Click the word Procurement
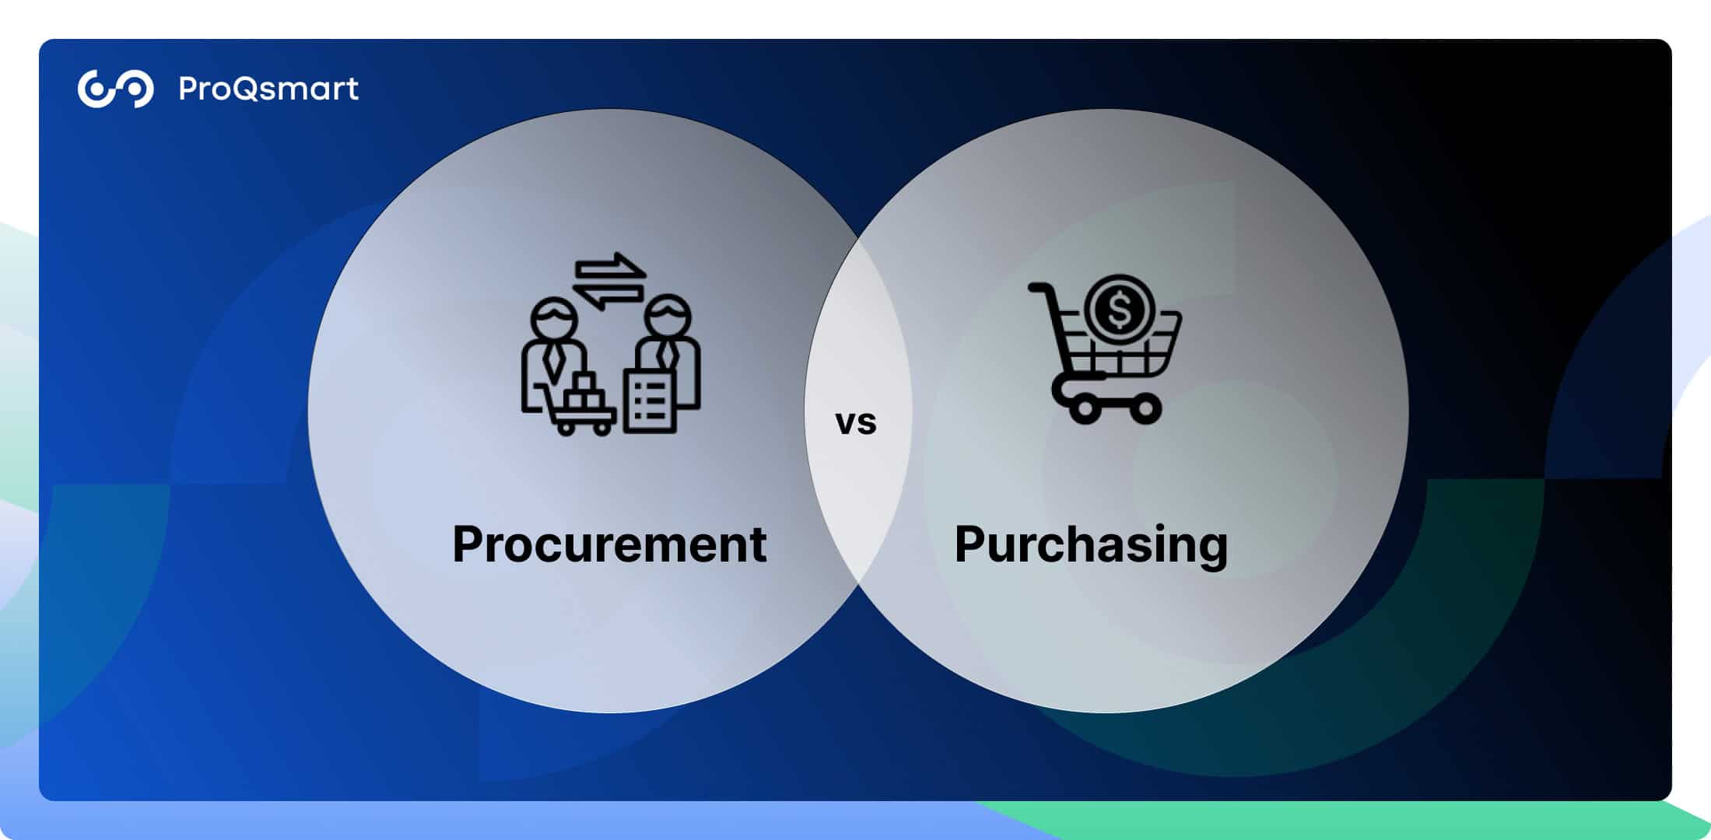[609, 544]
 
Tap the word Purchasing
[1091, 545]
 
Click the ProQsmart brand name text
[268, 89]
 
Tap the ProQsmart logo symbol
[115, 89]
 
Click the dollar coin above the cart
[1119, 309]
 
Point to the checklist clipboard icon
[650, 401]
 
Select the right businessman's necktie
[667, 355]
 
